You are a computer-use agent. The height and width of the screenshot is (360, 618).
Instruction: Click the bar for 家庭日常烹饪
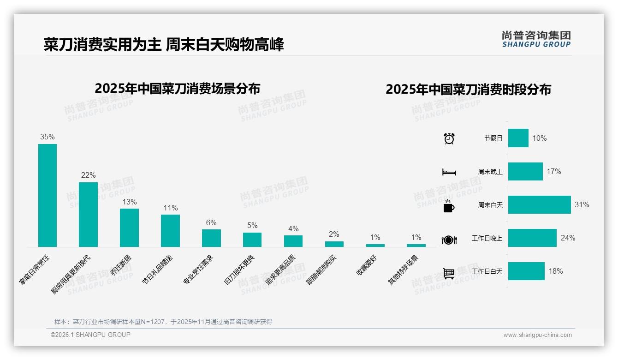(48, 195)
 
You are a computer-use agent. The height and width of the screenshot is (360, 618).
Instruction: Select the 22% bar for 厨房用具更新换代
(88, 215)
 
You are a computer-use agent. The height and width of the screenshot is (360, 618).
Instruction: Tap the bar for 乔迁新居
(129, 228)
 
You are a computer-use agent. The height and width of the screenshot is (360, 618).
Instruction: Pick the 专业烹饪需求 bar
(211, 238)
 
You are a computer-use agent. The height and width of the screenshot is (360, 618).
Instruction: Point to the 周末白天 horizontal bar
(539, 205)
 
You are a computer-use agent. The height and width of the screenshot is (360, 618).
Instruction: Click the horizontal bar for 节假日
(518, 138)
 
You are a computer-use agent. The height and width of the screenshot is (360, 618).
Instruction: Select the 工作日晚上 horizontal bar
(532, 238)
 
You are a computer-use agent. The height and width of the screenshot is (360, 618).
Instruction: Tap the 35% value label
(48, 137)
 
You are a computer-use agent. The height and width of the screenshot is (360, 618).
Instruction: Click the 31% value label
(582, 205)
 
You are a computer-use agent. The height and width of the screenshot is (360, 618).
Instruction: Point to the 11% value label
(170, 208)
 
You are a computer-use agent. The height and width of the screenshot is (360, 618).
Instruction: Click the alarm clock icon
(449, 138)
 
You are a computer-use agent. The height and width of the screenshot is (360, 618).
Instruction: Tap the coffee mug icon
(449, 206)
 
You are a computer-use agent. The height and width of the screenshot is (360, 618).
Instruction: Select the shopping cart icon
(449, 273)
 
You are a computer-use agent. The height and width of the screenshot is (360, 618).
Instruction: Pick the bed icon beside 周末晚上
(449, 172)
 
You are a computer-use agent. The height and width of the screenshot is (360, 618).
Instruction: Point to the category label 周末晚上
(490, 172)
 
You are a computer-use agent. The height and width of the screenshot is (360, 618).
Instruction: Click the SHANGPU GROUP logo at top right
(536, 39)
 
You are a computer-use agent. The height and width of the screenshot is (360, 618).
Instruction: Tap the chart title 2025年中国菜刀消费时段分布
(468, 89)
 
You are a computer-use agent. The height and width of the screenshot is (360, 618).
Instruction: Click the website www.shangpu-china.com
(537, 335)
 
